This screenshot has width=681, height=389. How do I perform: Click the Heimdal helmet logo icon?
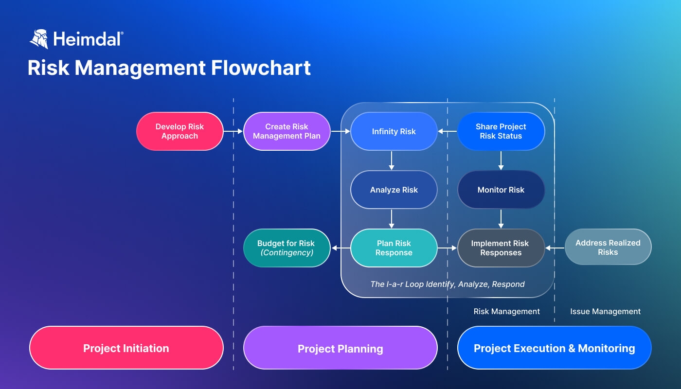(x=39, y=39)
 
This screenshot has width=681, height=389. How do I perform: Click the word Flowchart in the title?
(x=261, y=68)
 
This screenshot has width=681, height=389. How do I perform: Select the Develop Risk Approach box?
(x=179, y=131)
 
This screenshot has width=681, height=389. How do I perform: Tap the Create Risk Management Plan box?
(x=287, y=131)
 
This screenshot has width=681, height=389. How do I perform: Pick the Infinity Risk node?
(x=394, y=131)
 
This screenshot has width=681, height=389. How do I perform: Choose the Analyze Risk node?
(x=394, y=190)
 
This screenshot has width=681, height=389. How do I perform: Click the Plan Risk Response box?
(x=394, y=248)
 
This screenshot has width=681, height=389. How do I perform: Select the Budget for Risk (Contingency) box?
(x=287, y=248)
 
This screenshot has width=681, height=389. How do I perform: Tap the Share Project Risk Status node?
(x=501, y=131)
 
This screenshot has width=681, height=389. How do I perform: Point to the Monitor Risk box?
(x=501, y=190)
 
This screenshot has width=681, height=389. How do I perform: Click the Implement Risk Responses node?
(x=501, y=248)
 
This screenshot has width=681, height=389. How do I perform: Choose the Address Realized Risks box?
(x=608, y=248)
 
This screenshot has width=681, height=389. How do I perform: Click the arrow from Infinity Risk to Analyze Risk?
(x=392, y=160)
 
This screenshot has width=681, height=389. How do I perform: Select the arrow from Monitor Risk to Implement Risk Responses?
(x=501, y=219)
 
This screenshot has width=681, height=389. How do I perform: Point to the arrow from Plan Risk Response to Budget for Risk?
(x=340, y=248)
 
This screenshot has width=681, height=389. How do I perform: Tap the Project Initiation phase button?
(x=126, y=348)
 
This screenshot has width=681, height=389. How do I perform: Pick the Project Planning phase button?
(x=340, y=349)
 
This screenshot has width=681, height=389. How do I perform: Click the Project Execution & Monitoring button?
(x=554, y=348)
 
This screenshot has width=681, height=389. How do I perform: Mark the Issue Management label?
(x=605, y=311)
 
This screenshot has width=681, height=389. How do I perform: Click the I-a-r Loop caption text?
(x=447, y=284)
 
